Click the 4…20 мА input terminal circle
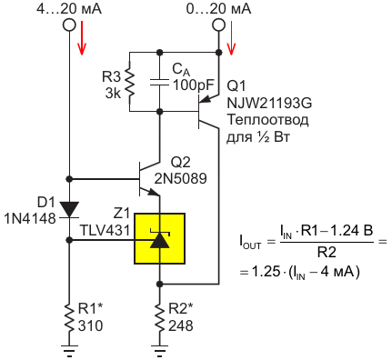pyautogui.click(x=69, y=25)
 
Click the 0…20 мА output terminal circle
pyautogui.click(x=218, y=25)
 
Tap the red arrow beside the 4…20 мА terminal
pyautogui.click(x=82, y=38)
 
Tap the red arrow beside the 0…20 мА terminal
pyautogui.click(x=231, y=38)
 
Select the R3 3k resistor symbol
pyautogui.click(x=130, y=82)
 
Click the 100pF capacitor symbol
pyautogui.click(x=159, y=82)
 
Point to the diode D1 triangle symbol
pyautogui.click(x=69, y=209)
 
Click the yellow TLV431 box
pyautogui.click(x=159, y=238)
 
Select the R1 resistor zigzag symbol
pyautogui.click(x=69, y=317)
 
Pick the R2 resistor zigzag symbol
pyautogui.click(x=159, y=317)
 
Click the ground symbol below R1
pyautogui.click(x=69, y=350)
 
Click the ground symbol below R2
pyautogui.click(x=159, y=350)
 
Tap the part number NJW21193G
pyautogui.click(x=269, y=104)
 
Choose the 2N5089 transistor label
pyautogui.click(x=181, y=178)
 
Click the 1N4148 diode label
pyautogui.click(x=30, y=218)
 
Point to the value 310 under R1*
pyautogui.click(x=91, y=325)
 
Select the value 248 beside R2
pyautogui.click(x=181, y=325)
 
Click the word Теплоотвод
pyautogui.click(x=267, y=120)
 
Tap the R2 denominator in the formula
pyautogui.click(x=327, y=252)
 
